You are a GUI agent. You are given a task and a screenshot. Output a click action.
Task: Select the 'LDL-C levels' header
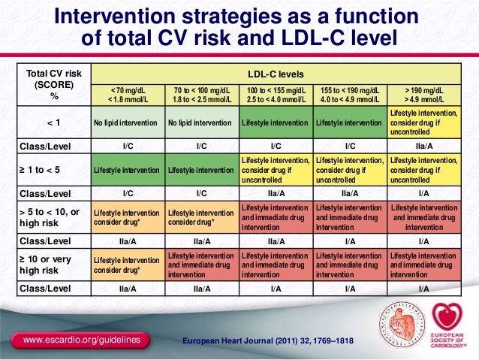point(276,74)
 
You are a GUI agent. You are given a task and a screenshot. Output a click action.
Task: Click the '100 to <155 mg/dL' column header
point(276,95)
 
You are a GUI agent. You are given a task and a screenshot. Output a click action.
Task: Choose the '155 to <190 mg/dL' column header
point(350,95)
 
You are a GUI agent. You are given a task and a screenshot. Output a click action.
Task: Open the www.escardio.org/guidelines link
point(82,342)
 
